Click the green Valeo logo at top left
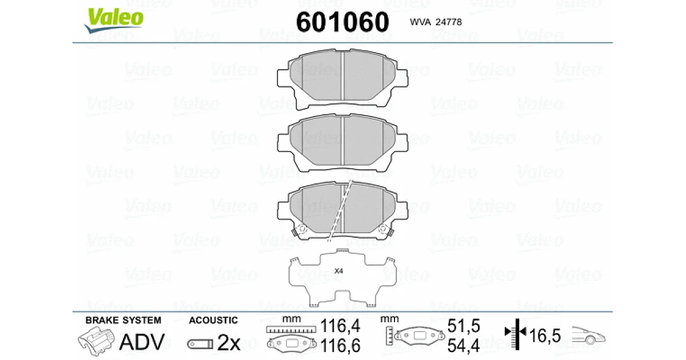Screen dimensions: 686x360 point(114,19)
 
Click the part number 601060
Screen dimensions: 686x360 point(342,22)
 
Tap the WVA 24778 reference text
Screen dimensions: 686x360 point(436,22)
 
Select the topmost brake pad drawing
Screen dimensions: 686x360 point(342,79)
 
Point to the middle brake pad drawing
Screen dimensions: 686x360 point(342,143)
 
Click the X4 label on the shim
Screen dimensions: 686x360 point(338,271)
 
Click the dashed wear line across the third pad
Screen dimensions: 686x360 point(340,211)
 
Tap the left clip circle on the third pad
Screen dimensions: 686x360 point(302,229)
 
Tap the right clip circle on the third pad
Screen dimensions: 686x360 point(382,229)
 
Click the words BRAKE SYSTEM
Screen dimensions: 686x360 point(123,320)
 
